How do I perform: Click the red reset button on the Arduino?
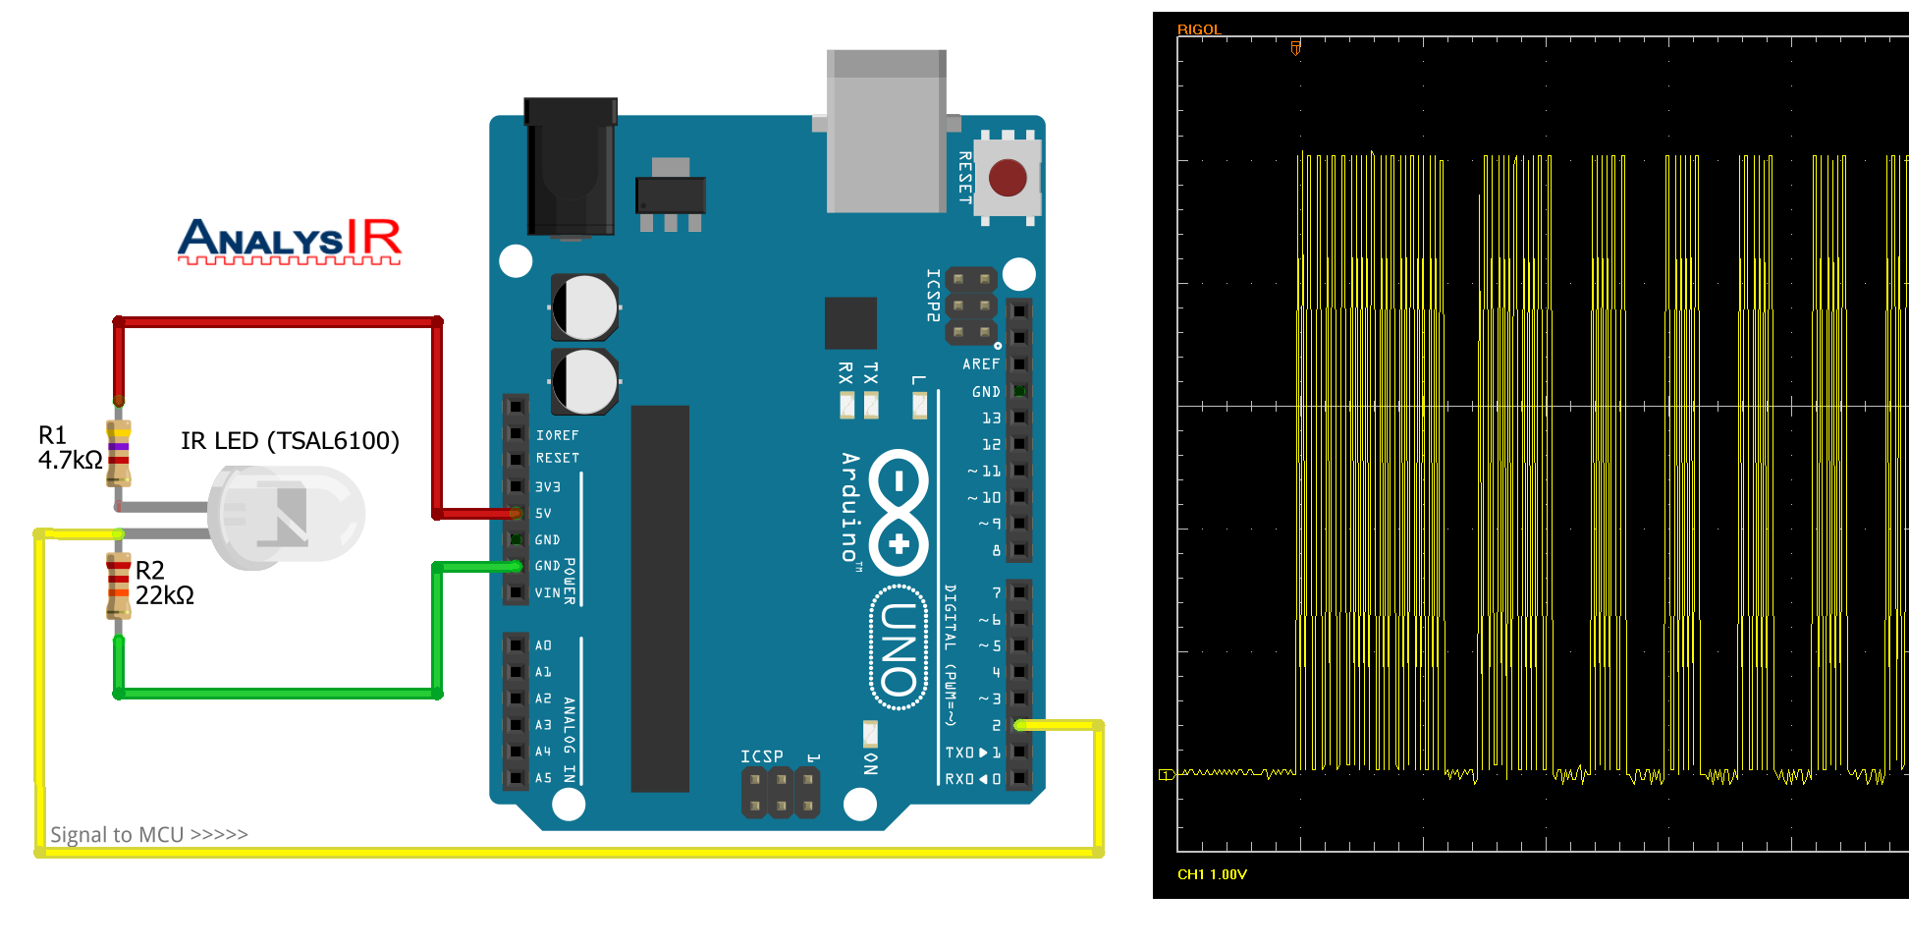[1008, 178]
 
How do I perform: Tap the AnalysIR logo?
[290, 241]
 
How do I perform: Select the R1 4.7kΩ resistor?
[119, 453]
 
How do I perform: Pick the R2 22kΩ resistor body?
[119, 586]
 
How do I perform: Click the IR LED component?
[287, 517]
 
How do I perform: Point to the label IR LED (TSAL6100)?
[290, 441]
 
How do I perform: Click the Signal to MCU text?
[148, 835]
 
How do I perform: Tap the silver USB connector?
[886, 132]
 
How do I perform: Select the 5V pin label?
[543, 514]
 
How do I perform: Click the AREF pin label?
[981, 364]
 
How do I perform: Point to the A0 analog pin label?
[543, 645]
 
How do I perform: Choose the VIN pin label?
[547, 593]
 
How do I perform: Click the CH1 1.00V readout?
[1212, 874]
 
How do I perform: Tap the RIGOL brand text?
[1199, 29]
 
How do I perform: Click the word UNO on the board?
[899, 648]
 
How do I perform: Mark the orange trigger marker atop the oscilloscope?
[1296, 47]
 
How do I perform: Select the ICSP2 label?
[933, 295]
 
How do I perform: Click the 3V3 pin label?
[547, 487]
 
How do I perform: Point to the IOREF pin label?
[557, 435]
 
